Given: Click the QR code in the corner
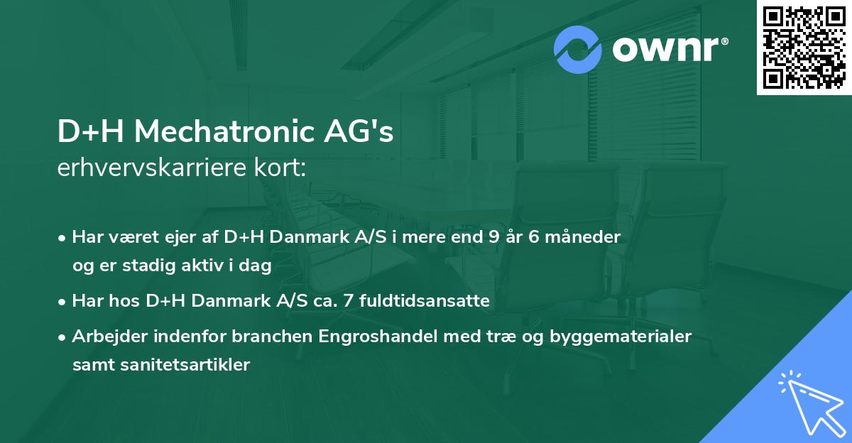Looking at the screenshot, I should point(804,48).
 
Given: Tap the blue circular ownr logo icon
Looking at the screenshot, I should point(578,50).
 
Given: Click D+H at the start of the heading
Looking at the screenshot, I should point(90,132).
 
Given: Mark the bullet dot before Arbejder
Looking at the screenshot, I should point(63,337).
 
